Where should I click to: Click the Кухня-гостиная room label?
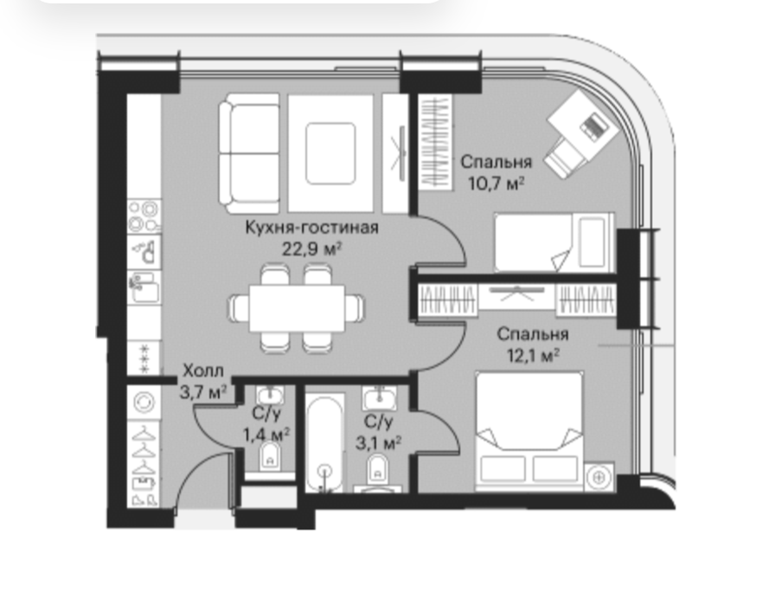tap(311, 228)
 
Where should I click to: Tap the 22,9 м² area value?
tap(311, 249)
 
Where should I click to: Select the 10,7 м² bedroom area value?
tap(497, 184)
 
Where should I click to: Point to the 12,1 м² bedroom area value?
tap(533, 355)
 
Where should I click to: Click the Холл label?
tap(203, 371)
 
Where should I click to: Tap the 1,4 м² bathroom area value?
tap(266, 435)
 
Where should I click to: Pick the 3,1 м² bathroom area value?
tap(378, 443)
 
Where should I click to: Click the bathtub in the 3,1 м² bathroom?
tap(324, 442)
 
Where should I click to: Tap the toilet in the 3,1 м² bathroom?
tap(377, 468)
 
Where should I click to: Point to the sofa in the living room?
tap(248, 153)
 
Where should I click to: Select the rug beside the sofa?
tap(330, 153)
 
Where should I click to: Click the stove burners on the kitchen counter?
tap(144, 216)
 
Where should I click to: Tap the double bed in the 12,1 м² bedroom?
tap(529, 430)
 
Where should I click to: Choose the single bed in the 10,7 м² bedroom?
tap(554, 242)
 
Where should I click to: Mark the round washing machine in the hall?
tap(144, 403)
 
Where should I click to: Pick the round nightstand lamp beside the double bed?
tap(599, 476)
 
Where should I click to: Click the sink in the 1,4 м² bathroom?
tap(269, 395)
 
